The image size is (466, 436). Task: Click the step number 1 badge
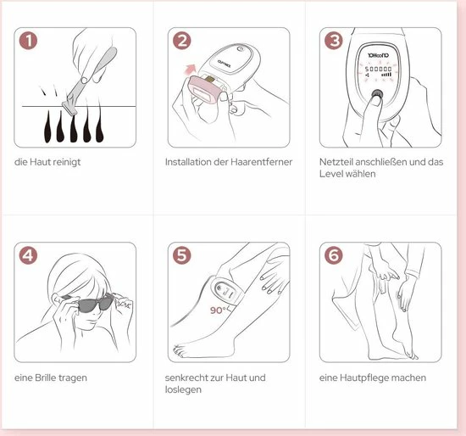[28, 41]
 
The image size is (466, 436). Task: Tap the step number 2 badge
[182, 41]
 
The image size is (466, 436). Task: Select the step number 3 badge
[334, 41]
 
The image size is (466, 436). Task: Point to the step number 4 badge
[28, 255]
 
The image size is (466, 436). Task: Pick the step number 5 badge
[182, 255]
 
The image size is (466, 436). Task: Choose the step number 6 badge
[334, 255]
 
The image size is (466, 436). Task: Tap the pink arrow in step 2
[190, 70]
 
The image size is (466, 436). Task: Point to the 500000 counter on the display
[379, 69]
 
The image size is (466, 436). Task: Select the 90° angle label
[218, 310]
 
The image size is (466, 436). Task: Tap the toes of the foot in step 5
[179, 351]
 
